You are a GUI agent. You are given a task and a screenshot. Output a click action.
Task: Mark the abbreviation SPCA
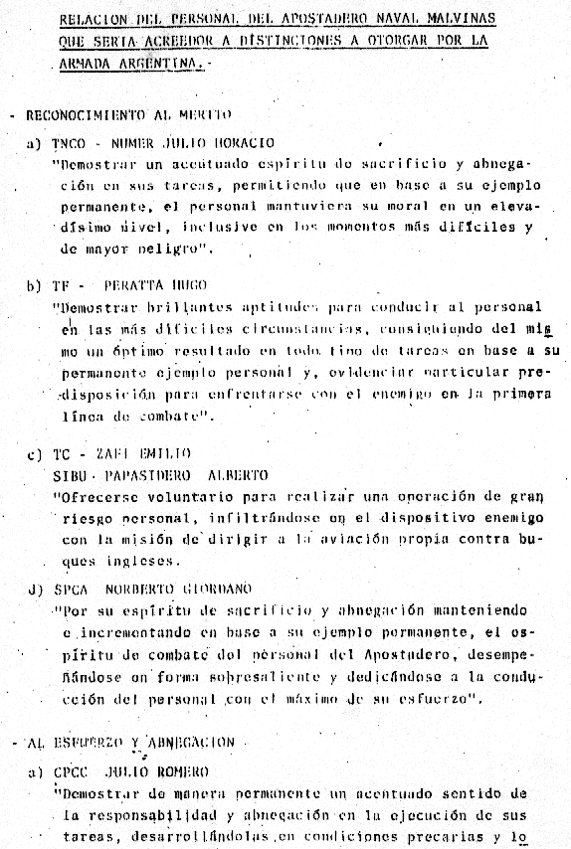pos(73,589)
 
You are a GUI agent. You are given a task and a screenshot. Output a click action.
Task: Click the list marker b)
pos(34,284)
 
